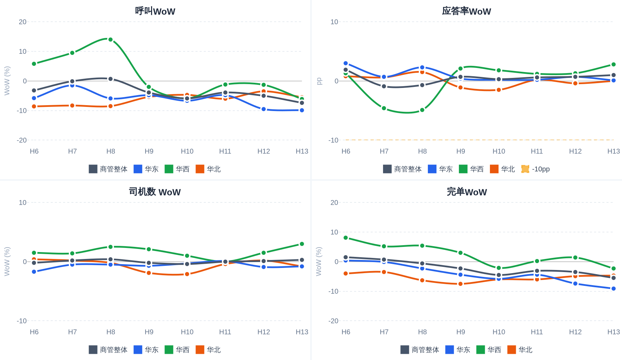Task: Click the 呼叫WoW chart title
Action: click(x=155, y=11)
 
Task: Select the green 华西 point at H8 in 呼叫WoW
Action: click(x=110, y=40)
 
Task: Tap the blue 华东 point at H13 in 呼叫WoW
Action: click(x=302, y=110)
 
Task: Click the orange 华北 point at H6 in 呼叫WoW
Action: click(x=34, y=107)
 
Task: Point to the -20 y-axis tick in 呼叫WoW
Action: click(x=22, y=140)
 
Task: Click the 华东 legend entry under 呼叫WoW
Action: click(x=146, y=169)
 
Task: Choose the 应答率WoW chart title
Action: click(x=466, y=11)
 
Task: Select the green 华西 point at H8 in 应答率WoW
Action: click(x=422, y=110)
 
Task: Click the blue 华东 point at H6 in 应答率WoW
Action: click(x=345, y=63)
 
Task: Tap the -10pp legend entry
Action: click(x=535, y=169)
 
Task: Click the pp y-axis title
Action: click(x=319, y=81)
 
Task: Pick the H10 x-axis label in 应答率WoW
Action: click(x=499, y=151)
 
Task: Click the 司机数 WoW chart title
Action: click(x=155, y=192)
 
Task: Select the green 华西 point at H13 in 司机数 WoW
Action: click(x=302, y=244)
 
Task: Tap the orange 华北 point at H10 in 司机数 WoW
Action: click(x=187, y=274)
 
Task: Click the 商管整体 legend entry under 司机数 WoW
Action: click(x=108, y=350)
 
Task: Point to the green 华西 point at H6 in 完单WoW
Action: click(x=345, y=238)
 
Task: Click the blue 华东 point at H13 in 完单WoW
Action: click(x=613, y=289)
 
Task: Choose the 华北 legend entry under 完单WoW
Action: click(x=520, y=350)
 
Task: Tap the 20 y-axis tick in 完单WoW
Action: click(x=334, y=202)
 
